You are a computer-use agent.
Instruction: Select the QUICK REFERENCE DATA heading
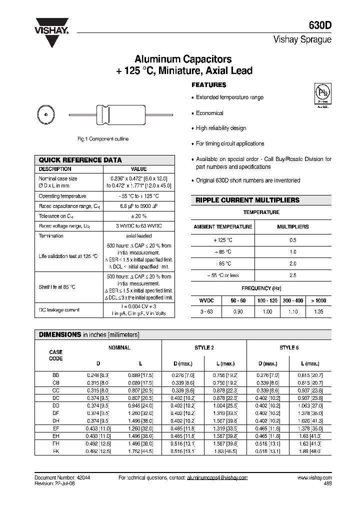click(80, 160)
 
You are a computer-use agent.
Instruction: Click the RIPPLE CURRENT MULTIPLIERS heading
click(247, 200)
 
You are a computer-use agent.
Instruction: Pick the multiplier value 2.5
click(293, 275)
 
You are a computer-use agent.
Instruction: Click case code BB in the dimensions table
click(55, 374)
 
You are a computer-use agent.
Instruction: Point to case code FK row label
click(55, 451)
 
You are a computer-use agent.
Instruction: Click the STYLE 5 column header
click(289, 347)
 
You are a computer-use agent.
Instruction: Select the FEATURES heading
click(209, 85)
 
